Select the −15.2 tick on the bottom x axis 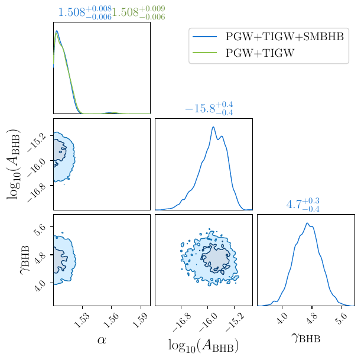235,321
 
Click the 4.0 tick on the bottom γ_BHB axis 282,319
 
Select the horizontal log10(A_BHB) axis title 203,345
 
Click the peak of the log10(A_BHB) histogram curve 213,127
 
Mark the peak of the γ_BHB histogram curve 307,223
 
